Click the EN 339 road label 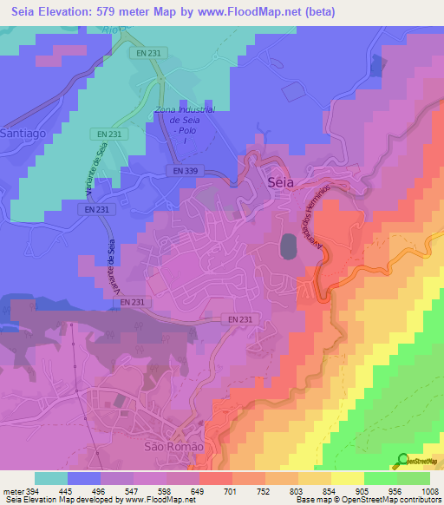(188, 172)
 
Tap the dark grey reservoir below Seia (287, 248)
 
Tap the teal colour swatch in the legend (51, 477)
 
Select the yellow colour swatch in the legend (348, 477)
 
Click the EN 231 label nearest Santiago (108, 134)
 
